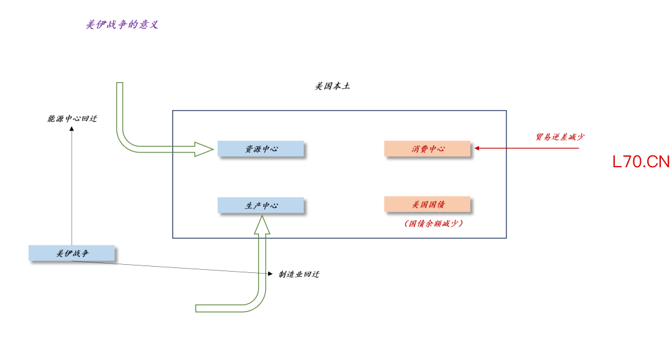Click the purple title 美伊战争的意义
pos(122,25)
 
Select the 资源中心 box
pos(261,149)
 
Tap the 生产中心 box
pos(261,205)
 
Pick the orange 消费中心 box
pos(427,149)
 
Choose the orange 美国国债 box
pos(427,205)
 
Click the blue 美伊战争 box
pos(72,253)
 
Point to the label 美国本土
pos(332,86)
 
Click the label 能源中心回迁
pos(72,118)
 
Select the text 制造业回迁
pos(299,274)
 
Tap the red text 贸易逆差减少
pos(559,137)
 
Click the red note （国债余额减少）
pos(434,223)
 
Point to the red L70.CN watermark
pos(641,162)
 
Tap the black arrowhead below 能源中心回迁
pos(72,129)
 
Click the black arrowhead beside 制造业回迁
pos(270,274)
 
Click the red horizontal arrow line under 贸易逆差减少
pos(529,149)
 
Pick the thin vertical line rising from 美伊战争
pos(72,187)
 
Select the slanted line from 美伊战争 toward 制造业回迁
pos(174,267)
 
